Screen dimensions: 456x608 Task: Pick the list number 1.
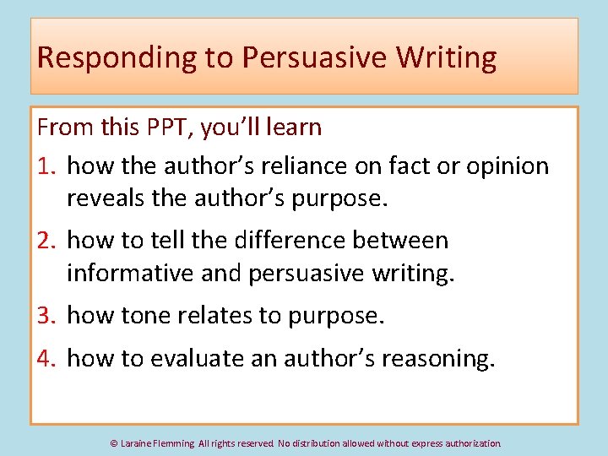pyautogui.click(x=47, y=166)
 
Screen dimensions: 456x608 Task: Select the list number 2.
pyautogui.click(x=47, y=241)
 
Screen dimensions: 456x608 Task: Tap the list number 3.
pyautogui.click(x=47, y=316)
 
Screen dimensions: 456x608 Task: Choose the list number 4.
pyautogui.click(x=47, y=359)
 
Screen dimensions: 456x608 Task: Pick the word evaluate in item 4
pyautogui.click(x=199, y=359)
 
